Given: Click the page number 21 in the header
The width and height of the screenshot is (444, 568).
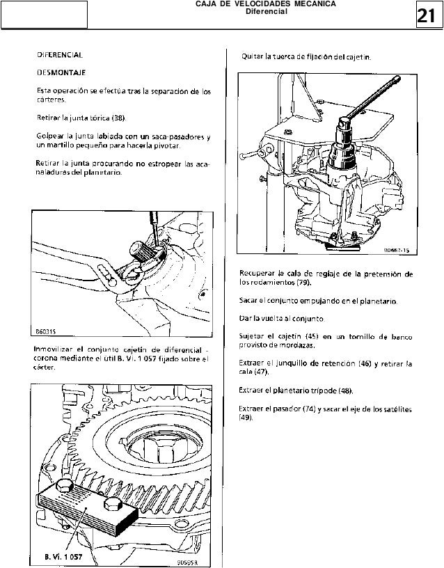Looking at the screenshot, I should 427,16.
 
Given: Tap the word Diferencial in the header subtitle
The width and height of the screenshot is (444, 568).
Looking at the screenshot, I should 268,12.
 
